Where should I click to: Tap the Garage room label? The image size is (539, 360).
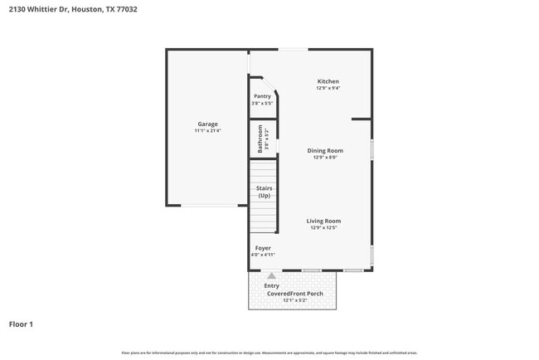point(207,124)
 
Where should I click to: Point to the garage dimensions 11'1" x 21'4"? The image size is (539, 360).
point(207,131)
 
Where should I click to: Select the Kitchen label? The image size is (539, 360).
point(328,80)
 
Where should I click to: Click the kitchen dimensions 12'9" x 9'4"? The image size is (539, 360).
point(328,88)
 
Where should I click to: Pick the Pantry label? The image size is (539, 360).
point(262,96)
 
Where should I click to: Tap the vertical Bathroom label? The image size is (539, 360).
point(260,139)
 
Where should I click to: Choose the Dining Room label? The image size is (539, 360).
point(325,150)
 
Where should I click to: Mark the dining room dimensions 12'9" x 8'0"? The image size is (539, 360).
point(325,158)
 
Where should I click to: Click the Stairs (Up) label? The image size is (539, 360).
point(264,192)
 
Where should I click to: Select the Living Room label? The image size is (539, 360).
point(323,221)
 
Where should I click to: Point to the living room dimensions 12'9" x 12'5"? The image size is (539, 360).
point(323,228)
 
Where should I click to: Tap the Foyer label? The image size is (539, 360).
point(262,248)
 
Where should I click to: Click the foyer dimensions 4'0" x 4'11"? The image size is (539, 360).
point(262,255)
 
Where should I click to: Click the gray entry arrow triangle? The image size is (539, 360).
point(271,275)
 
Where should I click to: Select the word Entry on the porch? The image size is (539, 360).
point(272,285)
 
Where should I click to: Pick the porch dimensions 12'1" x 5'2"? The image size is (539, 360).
point(293,299)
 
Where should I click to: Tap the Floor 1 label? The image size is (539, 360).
point(21,324)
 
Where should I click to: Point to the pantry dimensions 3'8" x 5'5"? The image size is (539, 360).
point(262,104)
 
